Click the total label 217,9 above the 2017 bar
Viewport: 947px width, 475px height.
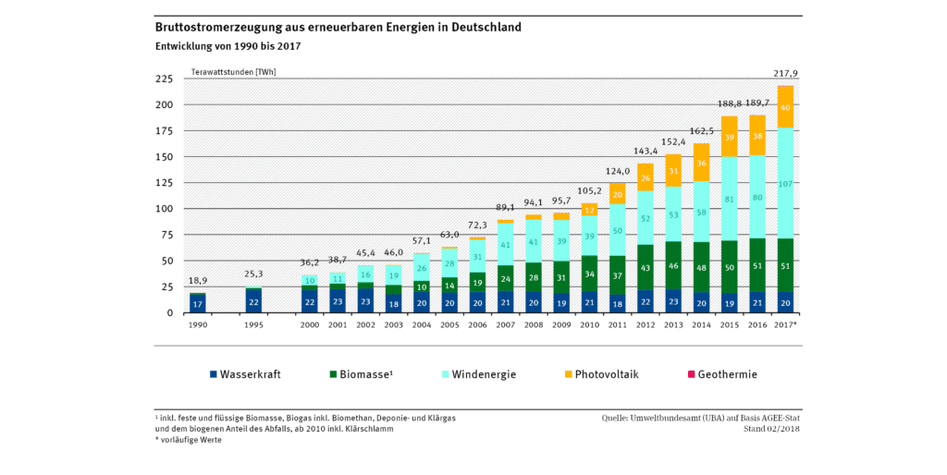[785, 73]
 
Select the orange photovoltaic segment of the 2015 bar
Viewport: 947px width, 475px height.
[729, 136]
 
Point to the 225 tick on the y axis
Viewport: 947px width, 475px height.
[163, 79]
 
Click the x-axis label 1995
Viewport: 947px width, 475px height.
[253, 325]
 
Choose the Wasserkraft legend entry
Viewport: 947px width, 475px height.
[245, 374]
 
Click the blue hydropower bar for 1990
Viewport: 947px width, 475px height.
[197, 303]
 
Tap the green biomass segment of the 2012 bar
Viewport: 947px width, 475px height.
[645, 268]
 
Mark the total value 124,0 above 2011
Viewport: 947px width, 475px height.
[617, 171]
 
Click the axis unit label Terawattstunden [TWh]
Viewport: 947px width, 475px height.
[233, 71]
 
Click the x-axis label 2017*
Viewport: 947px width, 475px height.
[787, 325]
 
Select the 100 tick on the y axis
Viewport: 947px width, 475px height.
[163, 209]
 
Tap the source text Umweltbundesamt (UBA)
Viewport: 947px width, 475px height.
[676, 418]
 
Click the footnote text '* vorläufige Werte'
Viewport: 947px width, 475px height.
[189, 440]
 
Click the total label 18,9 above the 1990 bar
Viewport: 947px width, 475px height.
[197, 279]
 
